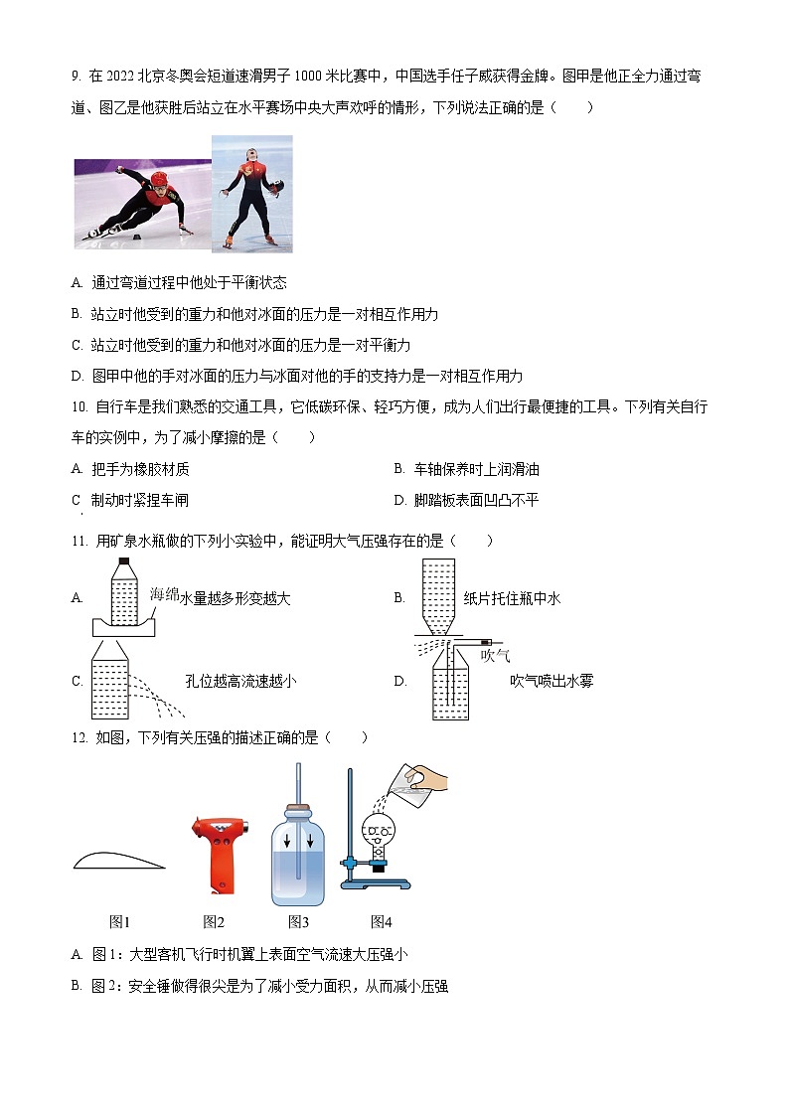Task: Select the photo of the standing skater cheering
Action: [x=252, y=193]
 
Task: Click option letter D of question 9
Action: [x=77, y=377]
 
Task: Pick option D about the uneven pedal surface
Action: [x=466, y=500]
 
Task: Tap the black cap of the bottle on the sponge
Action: [x=124, y=562]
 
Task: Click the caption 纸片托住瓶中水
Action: [x=513, y=598]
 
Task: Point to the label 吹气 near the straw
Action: [x=495, y=655]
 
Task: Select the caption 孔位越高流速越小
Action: [x=240, y=681]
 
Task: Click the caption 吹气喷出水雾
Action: [x=552, y=681]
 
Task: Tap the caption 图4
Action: [x=382, y=921]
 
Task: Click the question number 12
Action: [x=79, y=737]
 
